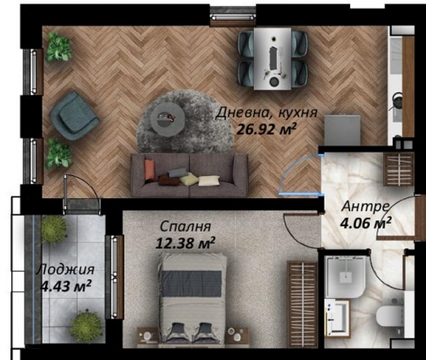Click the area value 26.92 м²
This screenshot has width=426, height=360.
tap(267, 130)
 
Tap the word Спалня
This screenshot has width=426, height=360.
tap(186, 226)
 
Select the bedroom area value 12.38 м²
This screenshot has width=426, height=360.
tap(185, 243)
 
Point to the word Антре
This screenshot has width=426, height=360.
tap(365, 207)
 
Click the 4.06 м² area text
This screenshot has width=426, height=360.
tap(366, 223)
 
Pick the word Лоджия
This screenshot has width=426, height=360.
tap(66, 270)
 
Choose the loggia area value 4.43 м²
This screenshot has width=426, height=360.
tap(66, 286)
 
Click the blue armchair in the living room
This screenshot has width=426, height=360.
tap(74, 116)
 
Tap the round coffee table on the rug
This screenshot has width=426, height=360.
tap(167, 119)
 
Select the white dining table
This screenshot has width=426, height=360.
tap(273, 59)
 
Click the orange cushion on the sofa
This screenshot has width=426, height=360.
tap(150, 169)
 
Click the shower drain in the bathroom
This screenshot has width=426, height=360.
tap(346, 275)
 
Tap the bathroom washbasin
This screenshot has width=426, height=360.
tap(338, 318)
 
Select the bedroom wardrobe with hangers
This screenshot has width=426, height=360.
tap(302, 304)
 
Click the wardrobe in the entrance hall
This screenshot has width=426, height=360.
tap(399, 169)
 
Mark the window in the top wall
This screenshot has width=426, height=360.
tap(233, 17)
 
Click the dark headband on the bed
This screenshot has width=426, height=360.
tap(191, 283)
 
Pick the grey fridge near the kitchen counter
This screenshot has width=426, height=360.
tap(343, 130)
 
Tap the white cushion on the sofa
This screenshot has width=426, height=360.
tap(209, 180)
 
